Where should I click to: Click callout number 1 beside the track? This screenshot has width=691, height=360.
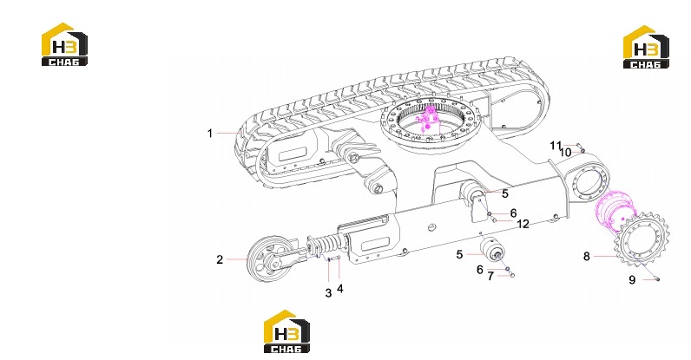210,133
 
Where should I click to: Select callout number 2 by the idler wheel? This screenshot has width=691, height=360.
220,260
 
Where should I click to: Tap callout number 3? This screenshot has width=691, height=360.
328,293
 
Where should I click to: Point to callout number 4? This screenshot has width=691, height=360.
339,289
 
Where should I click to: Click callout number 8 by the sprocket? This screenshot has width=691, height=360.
587,257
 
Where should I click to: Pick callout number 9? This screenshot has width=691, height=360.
632,280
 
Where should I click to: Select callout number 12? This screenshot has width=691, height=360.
523,225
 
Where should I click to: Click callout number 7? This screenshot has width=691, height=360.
490,277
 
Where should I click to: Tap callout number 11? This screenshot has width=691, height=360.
556,146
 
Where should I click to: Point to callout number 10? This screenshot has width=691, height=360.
565,153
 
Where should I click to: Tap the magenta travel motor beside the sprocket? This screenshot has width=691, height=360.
615,211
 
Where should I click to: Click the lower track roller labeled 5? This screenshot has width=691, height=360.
492,251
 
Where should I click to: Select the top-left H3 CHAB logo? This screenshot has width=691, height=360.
64,44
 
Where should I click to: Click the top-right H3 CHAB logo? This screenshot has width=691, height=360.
646,47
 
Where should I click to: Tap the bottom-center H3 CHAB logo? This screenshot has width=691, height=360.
286,331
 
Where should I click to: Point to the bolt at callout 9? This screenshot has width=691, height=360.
656,278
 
